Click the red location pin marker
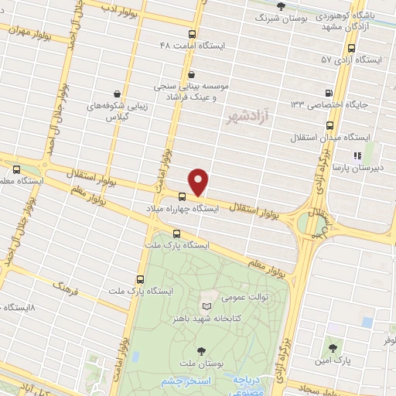tap(200, 182)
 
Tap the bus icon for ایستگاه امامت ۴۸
tap(193, 33)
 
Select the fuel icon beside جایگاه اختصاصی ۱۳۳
tap(331, 92)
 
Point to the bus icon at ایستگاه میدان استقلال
tap(331, 124)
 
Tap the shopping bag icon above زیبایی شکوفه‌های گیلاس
tap(117, 94)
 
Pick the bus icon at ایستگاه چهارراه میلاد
tap(182, 196)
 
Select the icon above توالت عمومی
tap(206, 296)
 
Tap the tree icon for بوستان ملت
tap(203, 350)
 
